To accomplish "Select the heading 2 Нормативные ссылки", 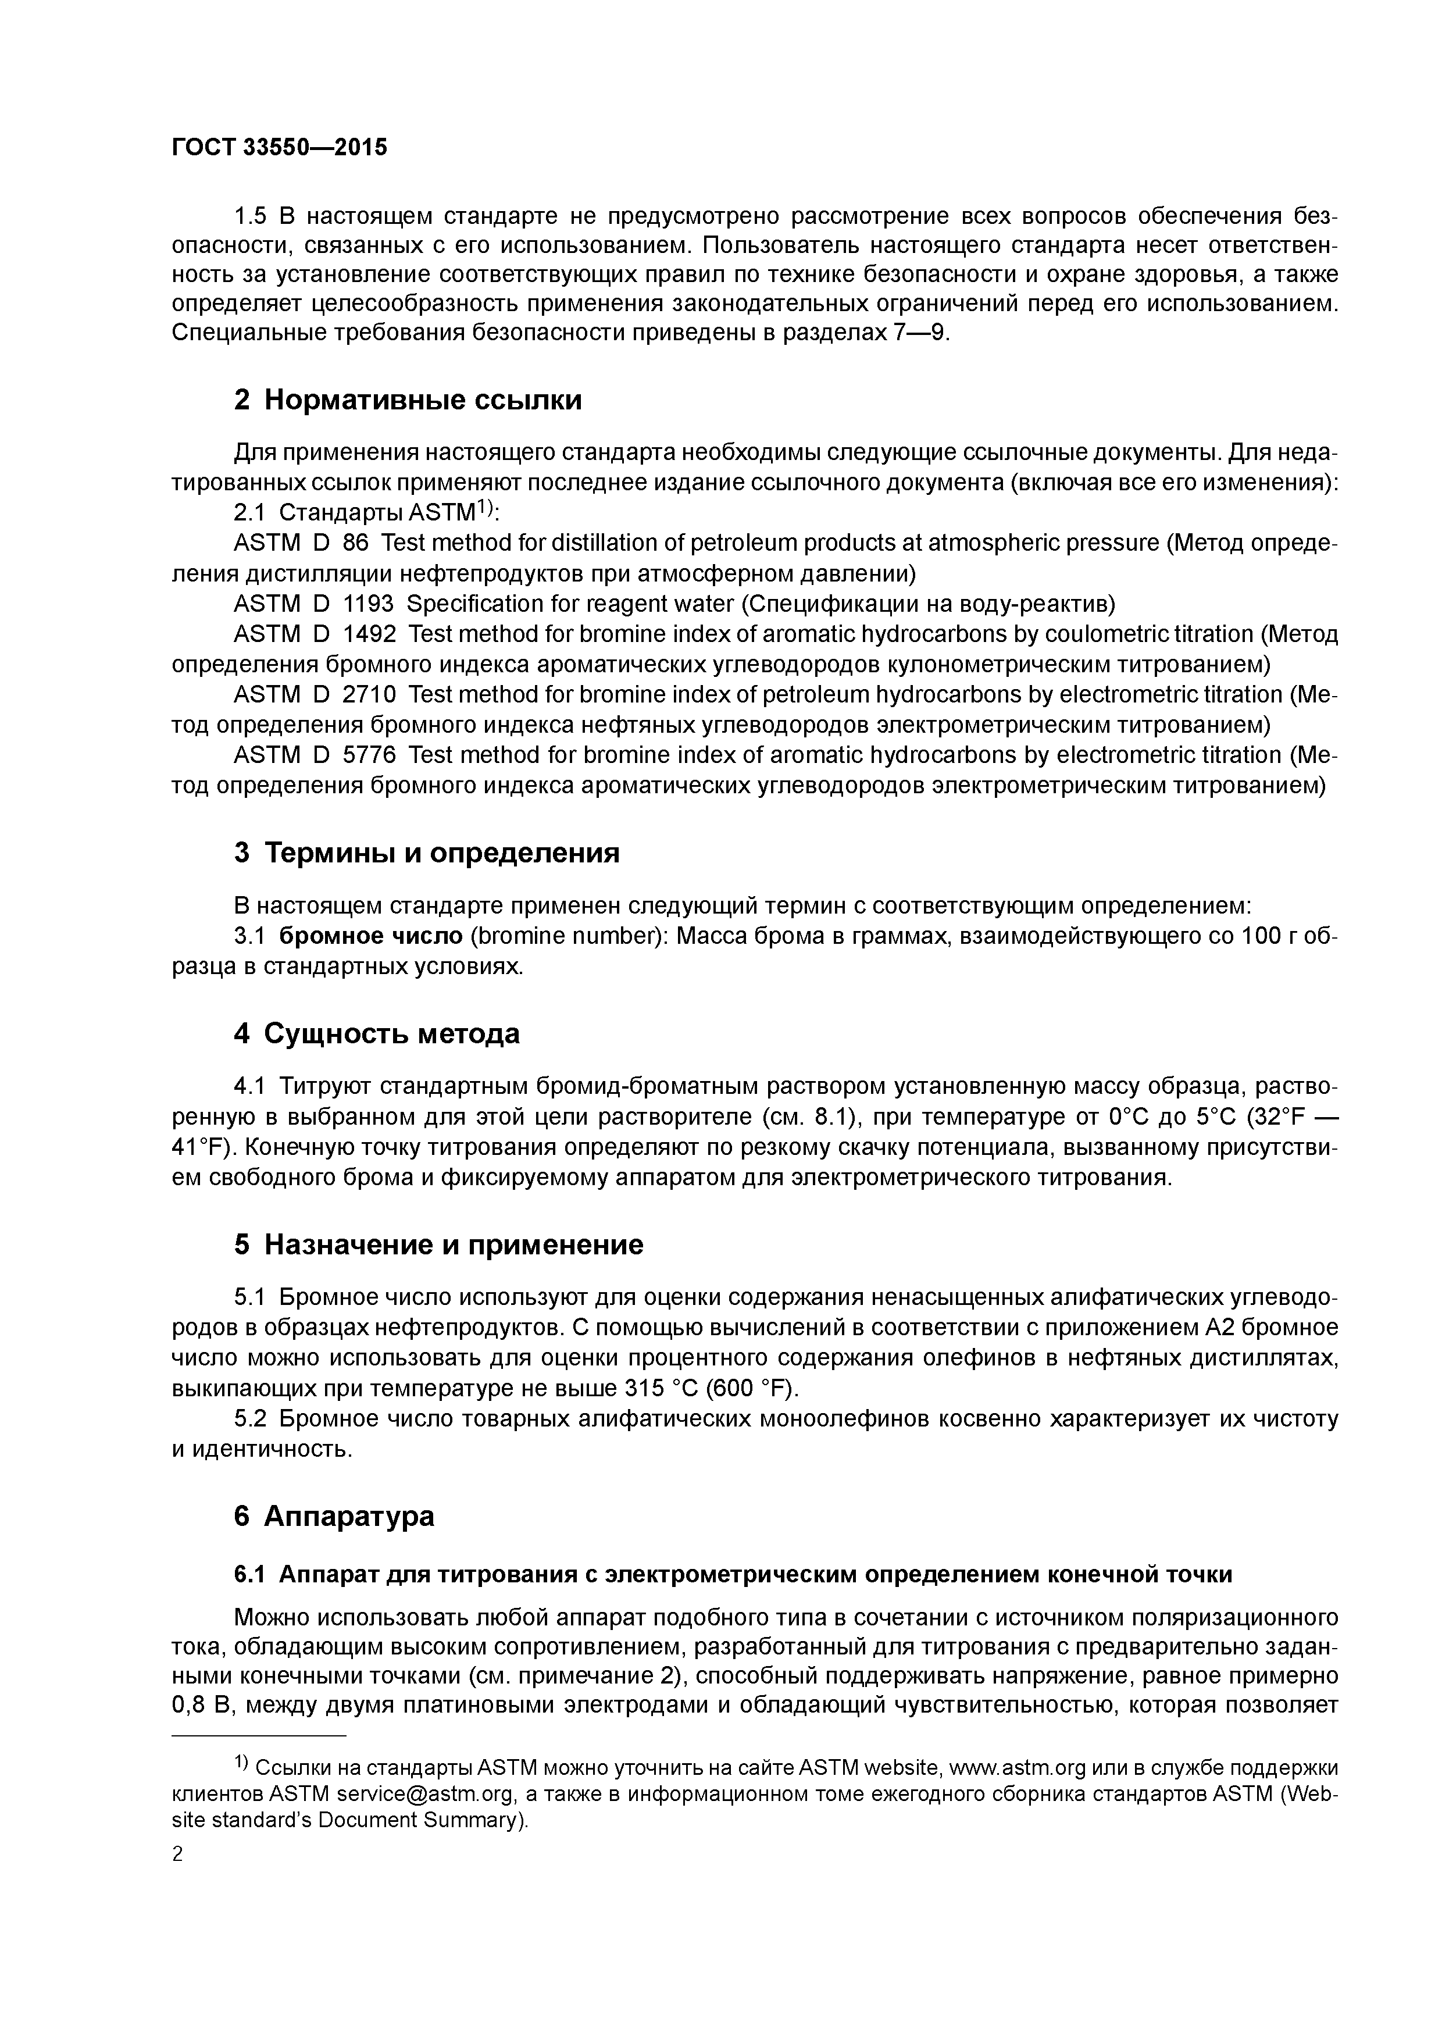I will tap(408, 400).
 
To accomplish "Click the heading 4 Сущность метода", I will tap(377, 1033).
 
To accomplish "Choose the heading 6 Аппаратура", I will tap(334, 1516).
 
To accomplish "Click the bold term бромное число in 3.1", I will tap(370, 936).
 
